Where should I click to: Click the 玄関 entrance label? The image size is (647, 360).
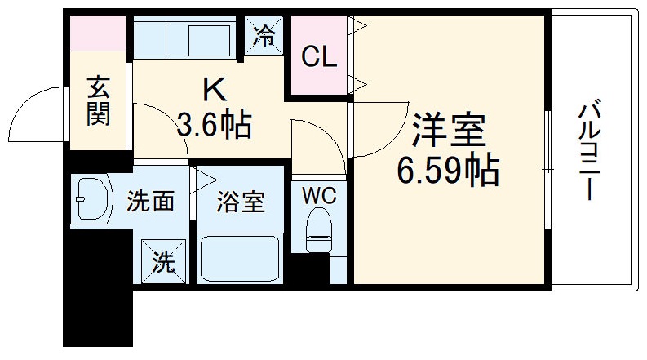pos(98,100)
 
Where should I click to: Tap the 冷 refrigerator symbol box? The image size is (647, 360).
pos(266,34)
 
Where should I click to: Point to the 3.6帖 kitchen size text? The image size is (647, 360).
pos(214,124)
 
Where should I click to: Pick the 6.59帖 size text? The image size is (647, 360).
pos(448,169)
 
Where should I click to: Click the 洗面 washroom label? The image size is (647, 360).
pos(150,202)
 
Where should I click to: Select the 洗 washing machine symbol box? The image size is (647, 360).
pos(163,261)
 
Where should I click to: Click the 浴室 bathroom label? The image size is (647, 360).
pos(240,202)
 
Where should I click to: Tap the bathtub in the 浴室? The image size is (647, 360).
pos(241,259)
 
